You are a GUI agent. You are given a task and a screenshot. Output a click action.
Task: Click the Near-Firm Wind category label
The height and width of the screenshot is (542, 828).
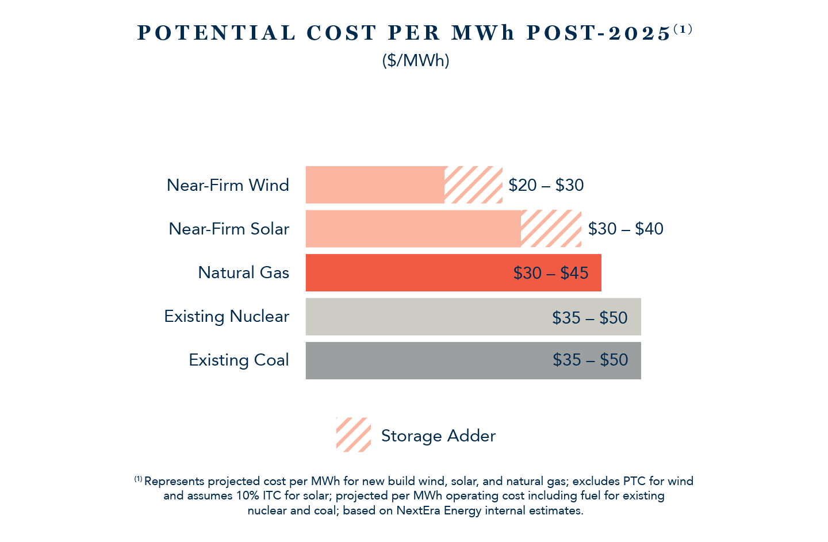click(x=228, y=185)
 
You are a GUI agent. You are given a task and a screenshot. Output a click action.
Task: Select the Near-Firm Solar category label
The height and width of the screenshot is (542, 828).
click(x=229, y=229)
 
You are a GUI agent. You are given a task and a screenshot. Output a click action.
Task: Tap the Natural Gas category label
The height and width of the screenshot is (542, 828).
click(x=243, y=272)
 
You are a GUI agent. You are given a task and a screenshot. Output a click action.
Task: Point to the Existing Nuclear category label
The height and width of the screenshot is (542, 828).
click(x=227, y=316)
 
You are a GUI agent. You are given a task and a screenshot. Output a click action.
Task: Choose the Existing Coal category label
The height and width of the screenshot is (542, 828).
click(x=239, y=360)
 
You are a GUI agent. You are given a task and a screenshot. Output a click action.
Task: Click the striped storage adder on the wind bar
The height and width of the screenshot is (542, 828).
click(x=473, y=185)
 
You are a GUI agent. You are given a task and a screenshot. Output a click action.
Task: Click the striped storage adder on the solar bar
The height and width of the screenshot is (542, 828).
click(x=551, y=229)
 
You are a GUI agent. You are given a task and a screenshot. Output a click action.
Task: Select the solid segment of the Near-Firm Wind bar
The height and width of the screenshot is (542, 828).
click(x=374, y=185)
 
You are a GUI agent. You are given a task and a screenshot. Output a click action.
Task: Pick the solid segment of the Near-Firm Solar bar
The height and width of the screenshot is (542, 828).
click(x=413, y=229)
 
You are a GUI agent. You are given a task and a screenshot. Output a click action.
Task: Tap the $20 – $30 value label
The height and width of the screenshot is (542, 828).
click(x=546, y=185)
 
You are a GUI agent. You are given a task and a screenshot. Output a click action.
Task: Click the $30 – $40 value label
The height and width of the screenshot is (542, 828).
click(x=626, y=229)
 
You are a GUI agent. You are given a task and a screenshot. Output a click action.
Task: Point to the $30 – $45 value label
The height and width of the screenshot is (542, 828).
click(x=551, y=273)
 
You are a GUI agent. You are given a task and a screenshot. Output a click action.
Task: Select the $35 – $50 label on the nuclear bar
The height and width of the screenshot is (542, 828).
click(x=590, y=318)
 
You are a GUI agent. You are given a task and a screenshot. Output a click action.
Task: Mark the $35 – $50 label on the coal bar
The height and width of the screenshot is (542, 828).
click(x=591, y=360)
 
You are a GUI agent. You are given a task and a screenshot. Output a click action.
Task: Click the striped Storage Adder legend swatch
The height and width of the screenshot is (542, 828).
click(x=353, y=435)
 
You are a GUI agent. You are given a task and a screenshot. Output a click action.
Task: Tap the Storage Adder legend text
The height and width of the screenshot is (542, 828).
click(x=438, y=436)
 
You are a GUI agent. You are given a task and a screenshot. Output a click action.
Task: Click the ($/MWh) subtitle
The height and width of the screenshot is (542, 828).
click(x=415, y=60)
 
